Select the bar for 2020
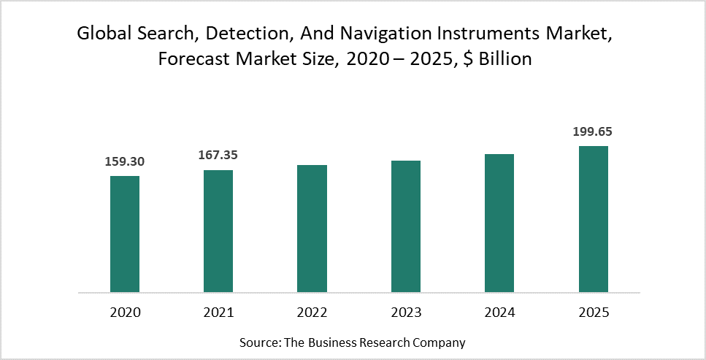[125, 234]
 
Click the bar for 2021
[218, 231]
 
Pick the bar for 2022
[312, 229]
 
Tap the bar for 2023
[406, 226]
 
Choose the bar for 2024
[499, 223]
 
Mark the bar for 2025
[594, 219]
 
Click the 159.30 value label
[124, 161]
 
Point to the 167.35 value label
[218, 156]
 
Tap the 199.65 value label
[593, 131]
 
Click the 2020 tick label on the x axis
[125, 313]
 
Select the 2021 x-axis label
[218, 313]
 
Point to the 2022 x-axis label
[312, 313]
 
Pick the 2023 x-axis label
[406, 313]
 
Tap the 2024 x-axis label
[499, 313]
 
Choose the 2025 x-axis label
[594, 313]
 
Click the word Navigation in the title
[378, 34]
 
